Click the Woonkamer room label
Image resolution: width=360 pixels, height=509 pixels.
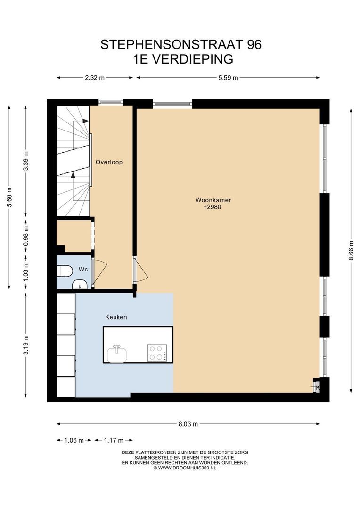[213, 200]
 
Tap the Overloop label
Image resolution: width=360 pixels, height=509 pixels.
[109, 162]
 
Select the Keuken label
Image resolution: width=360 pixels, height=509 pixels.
[116, 317]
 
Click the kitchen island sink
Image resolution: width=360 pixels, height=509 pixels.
[117, 354]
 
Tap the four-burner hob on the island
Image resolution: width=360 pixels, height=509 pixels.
[157, 353]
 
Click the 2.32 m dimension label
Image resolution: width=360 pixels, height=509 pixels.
[95, 78]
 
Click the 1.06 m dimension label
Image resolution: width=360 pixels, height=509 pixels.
[74, 441]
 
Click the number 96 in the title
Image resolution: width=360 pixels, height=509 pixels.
[254, 44]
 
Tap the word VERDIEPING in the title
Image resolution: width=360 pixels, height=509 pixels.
[193, 59]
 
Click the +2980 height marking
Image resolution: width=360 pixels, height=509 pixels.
[213, 207]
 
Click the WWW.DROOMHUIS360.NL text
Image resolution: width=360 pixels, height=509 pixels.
[187, 468]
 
